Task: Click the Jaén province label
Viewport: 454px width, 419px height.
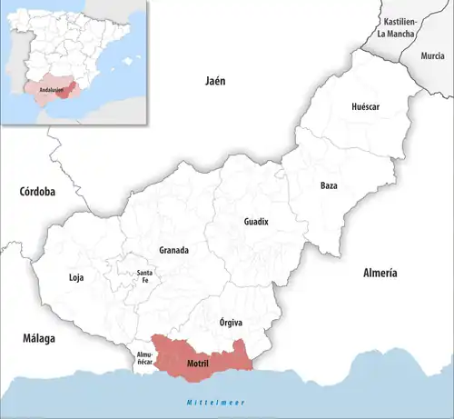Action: (x=213, y=81)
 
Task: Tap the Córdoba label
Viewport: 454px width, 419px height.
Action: (x=37, y=192)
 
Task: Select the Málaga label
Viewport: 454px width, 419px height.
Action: (x=39, y=338)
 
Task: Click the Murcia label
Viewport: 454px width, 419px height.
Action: (x=433, y=56)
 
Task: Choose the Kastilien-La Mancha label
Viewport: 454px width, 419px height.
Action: (x=400, y=28)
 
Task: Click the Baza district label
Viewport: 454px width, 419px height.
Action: (x=329, y=186)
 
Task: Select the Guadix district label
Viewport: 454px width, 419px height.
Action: (x=256, y=222)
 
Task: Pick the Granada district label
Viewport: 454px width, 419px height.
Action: (x=173, y=250)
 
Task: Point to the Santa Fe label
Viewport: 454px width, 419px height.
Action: (x=144, y=277)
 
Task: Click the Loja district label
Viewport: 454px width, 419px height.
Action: (x=76, y=278)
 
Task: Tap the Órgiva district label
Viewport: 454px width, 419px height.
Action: (x=232, y=323)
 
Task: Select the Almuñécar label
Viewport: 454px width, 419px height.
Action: (x=146, y=357)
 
